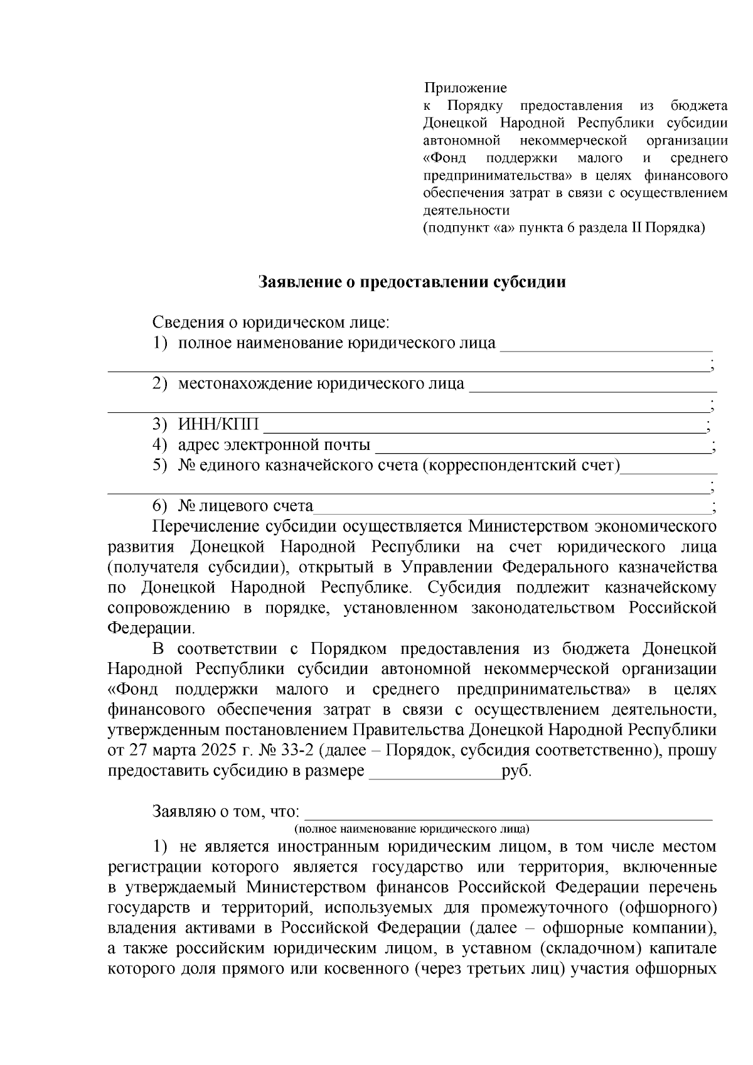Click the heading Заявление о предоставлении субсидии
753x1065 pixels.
tap(412, 282)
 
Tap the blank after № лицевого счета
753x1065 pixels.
tap(511, 507)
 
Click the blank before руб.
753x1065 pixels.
tap(435, 772)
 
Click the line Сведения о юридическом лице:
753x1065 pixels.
tap(270, 323)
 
